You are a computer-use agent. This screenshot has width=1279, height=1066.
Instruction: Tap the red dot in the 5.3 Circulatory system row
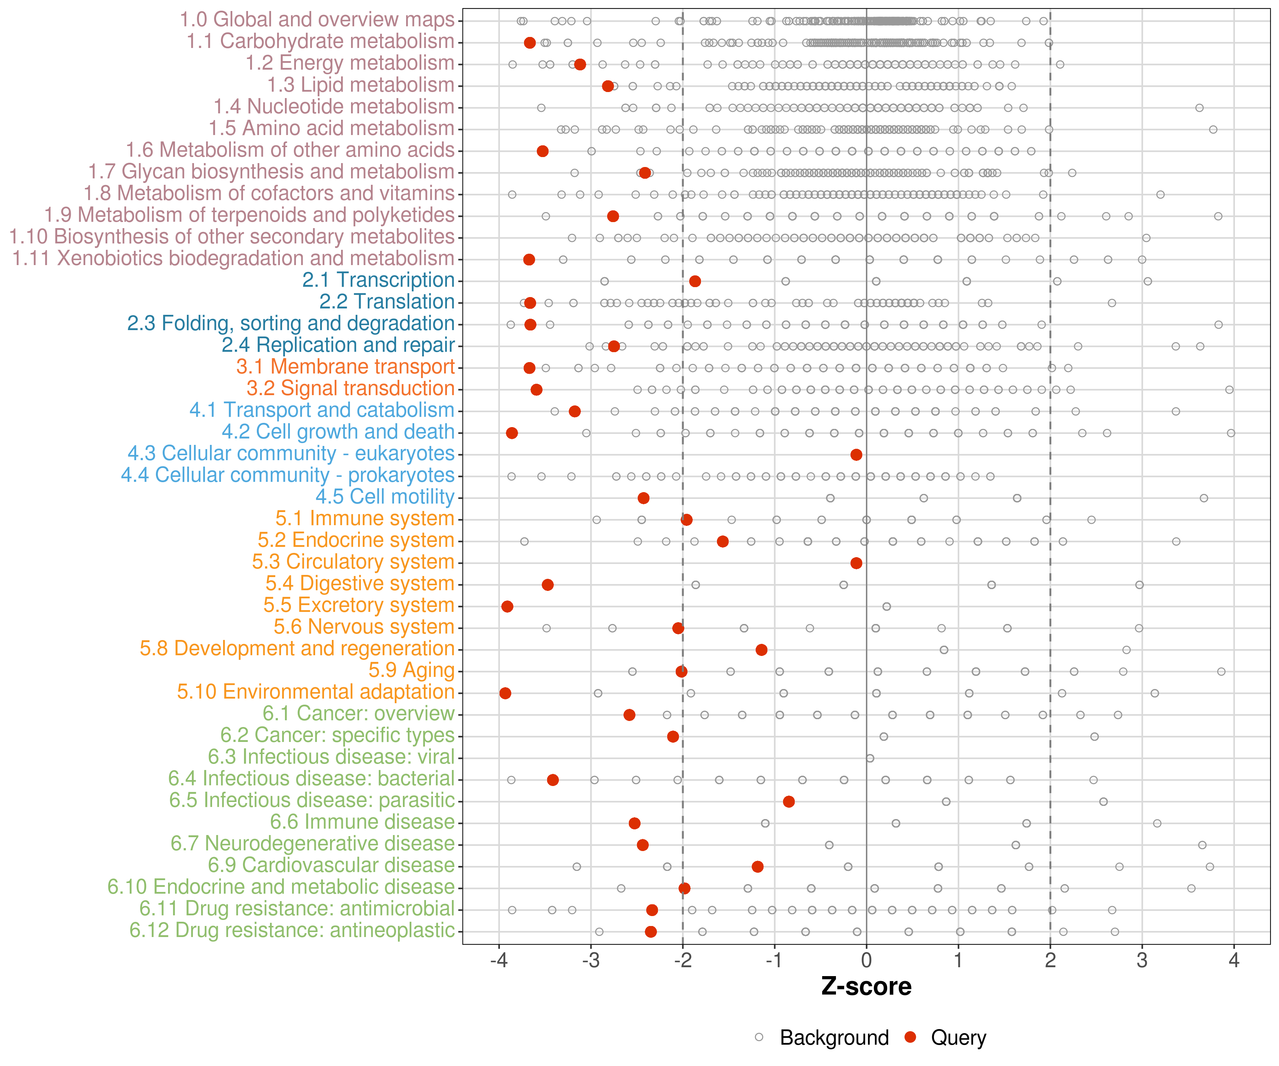(856, 563)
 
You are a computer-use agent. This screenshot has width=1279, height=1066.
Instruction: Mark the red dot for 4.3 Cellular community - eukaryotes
(856, 454)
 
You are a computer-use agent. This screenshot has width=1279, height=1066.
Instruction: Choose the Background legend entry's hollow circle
(759, 1037)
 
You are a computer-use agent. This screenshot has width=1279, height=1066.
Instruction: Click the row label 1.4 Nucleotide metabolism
(333, 107)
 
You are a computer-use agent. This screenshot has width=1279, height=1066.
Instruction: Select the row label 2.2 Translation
(387, 302)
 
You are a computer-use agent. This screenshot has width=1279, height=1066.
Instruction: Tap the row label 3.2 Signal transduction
(350, 389)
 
